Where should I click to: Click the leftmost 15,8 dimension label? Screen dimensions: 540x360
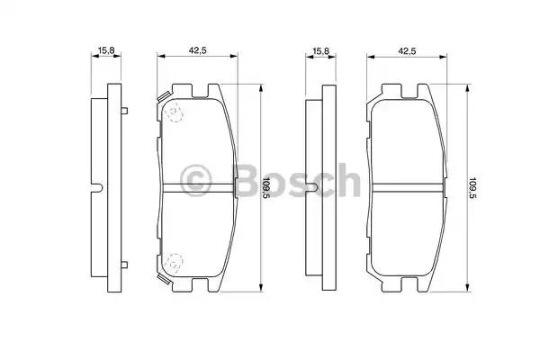(x=106, y=50)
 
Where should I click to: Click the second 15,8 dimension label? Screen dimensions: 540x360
(x=321, y=50)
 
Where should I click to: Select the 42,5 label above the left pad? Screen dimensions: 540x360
(x=197, y=50)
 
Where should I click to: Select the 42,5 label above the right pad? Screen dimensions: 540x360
(x=407, y=50)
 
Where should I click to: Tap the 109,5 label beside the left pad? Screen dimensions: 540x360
(x=266, y=188)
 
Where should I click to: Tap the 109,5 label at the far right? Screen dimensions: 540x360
(x=472, y=188)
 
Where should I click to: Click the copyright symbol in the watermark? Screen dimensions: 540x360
(x=195, y=180)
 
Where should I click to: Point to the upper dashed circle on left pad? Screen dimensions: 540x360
(x=175, y=112)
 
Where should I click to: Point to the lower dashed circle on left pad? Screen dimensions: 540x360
(x=174, y=263)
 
